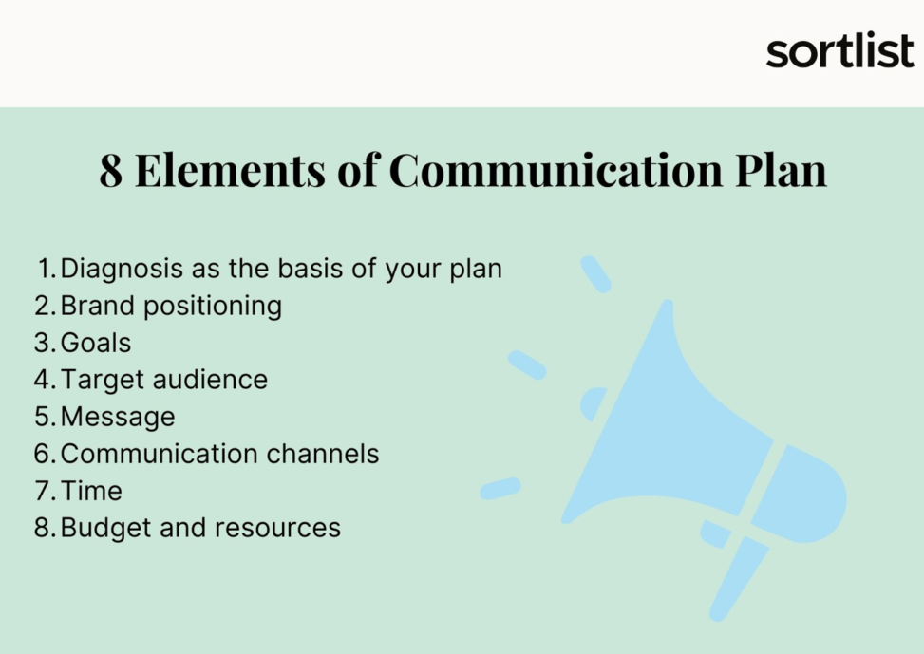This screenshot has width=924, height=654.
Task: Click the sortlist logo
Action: [x=839, y=51]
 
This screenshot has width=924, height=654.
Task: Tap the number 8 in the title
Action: [x=111, y=171]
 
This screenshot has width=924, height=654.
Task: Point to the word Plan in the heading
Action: [x=782, y=171]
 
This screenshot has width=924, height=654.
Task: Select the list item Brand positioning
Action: [x=171, y=306]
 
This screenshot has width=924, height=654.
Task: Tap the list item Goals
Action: [x=96, y=343]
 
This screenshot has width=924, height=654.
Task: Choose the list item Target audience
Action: [x=164, y=380]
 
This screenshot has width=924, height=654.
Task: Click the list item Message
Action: [x=118, y=417]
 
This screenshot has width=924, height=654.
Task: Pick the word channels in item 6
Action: [x=323, y=454]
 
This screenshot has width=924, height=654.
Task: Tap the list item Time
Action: [x=91, y=491]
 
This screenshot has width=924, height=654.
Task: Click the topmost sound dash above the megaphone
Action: [x=595, y=273]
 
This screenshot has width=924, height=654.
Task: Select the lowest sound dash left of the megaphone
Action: [x=500, y=489]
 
